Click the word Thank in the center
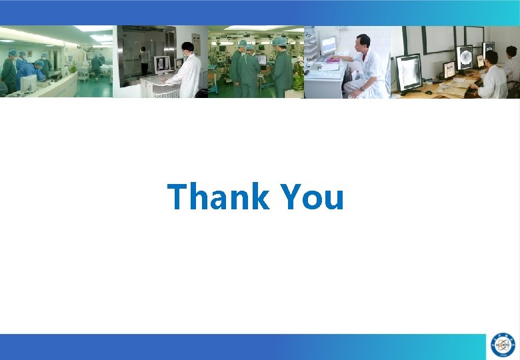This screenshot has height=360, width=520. [218, 197]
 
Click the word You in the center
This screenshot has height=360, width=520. [312, 197]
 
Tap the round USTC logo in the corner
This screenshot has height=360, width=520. [503, 345]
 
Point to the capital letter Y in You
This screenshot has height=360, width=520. [291, 197]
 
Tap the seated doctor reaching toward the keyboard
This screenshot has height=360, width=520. [363, 67]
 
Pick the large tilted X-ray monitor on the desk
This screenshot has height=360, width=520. [408, 72]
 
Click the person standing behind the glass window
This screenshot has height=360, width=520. [144, 60]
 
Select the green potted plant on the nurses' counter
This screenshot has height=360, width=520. [72, 69]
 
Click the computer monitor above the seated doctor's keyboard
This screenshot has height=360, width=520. [329, 46]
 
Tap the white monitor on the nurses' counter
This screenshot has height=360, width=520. [28, 83]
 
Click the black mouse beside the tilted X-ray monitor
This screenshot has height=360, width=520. [429, 92]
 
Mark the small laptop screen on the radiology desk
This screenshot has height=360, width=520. [449, 69]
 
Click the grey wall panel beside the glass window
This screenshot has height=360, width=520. [196, 44]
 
